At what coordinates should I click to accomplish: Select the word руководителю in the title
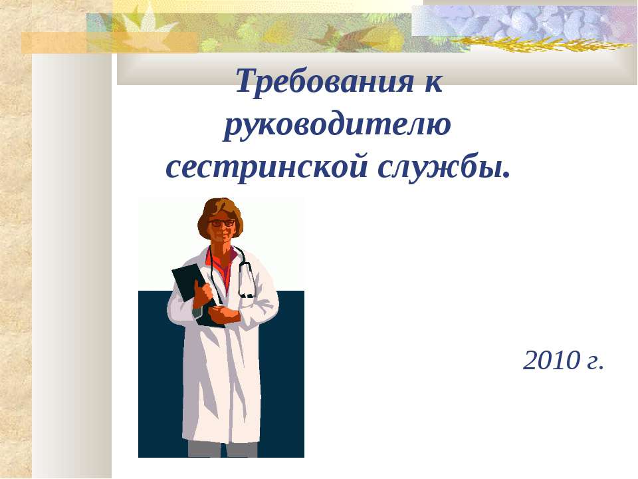tap(338, 126)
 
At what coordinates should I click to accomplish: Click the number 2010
tap(552, 361)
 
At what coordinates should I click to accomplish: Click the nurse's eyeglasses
tap(223, 222)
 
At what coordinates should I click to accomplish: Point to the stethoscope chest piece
tap(247, 293)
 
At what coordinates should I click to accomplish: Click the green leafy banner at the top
tap(266, 30)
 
